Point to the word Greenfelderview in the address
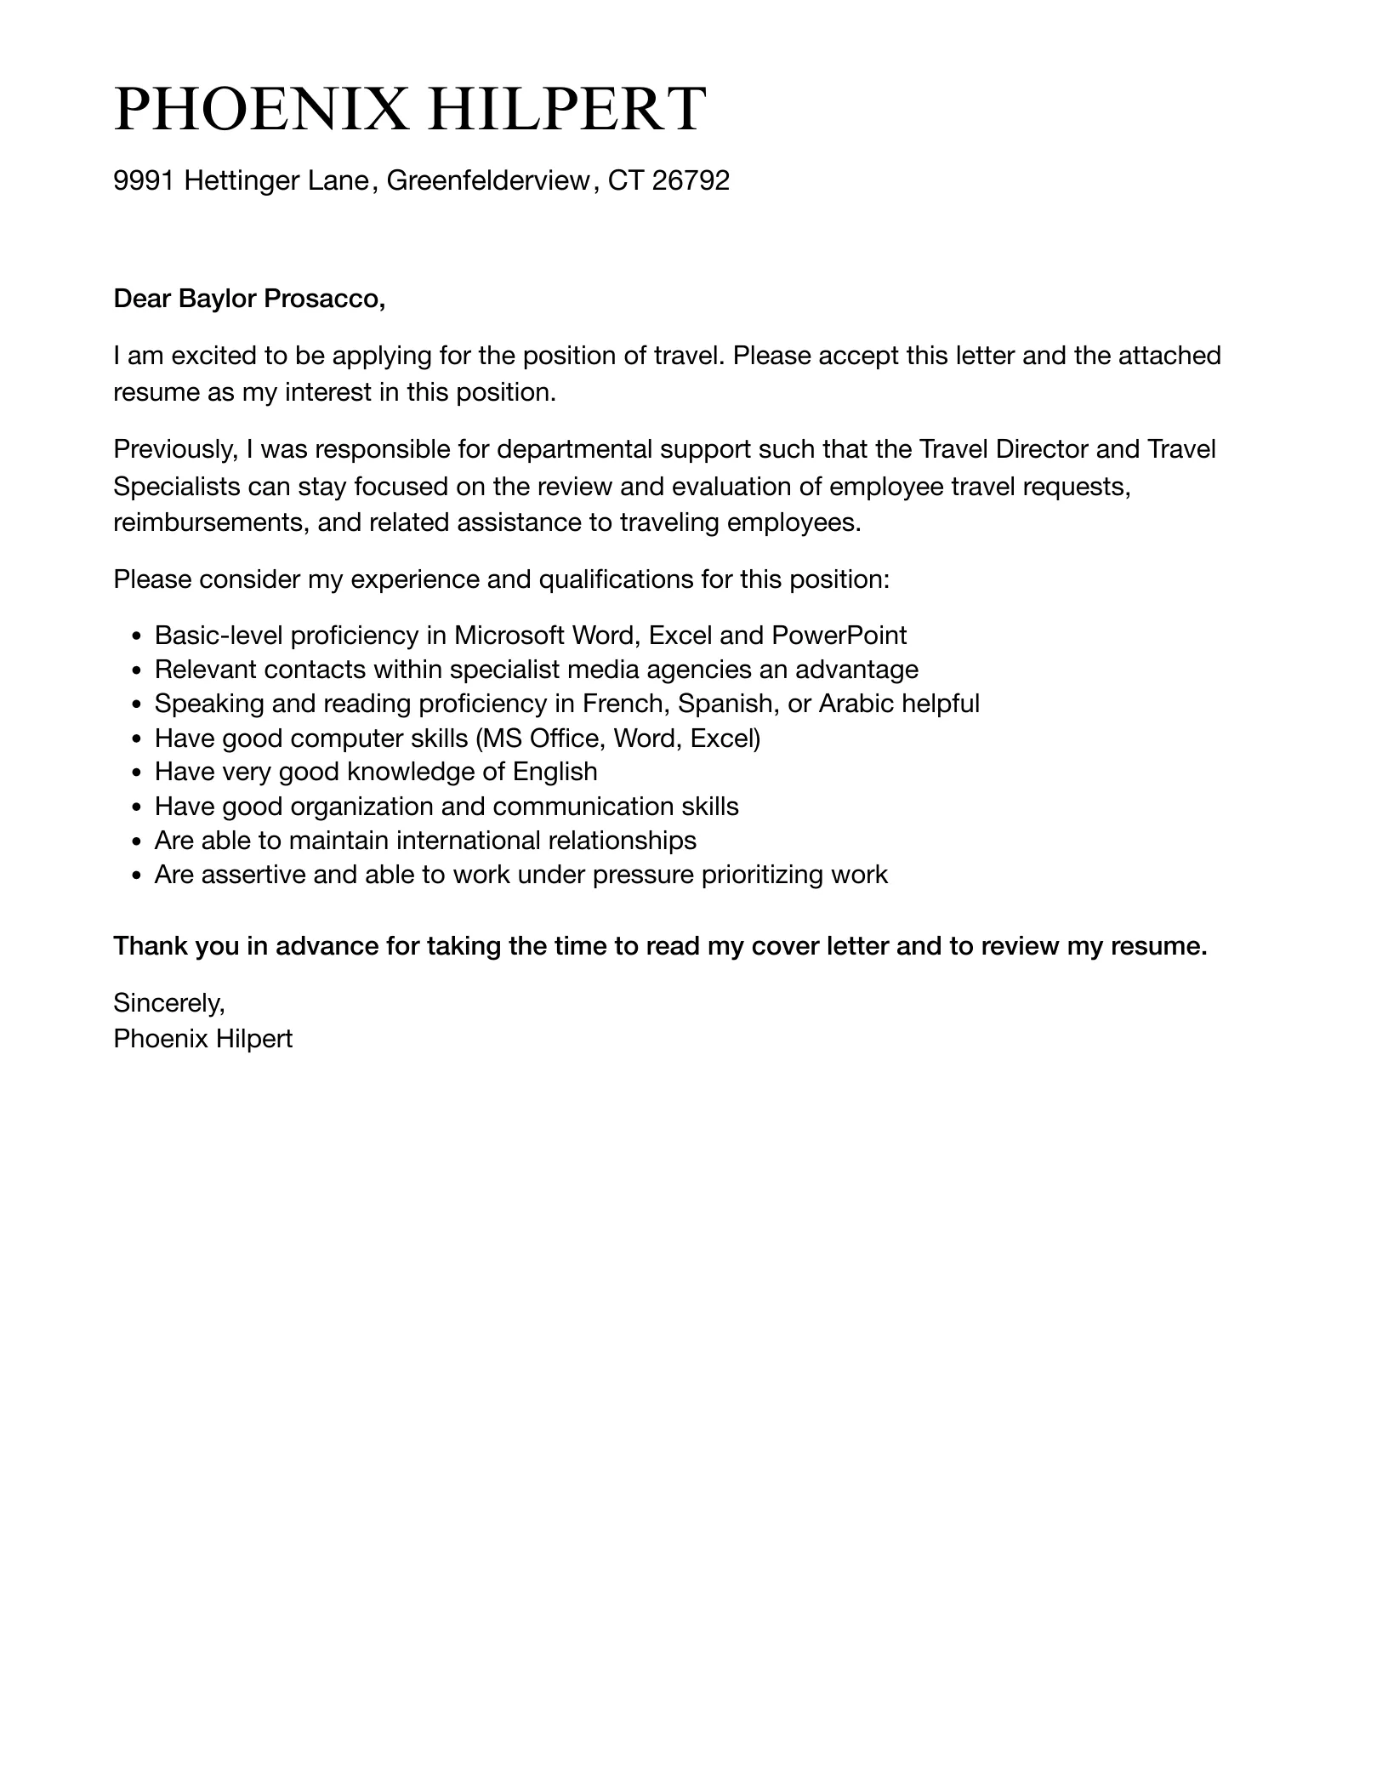(487, 180)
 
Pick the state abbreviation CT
(625, 180)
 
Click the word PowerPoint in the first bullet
(839, 636)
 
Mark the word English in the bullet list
(555, 772)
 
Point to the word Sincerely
(168, 1004)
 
